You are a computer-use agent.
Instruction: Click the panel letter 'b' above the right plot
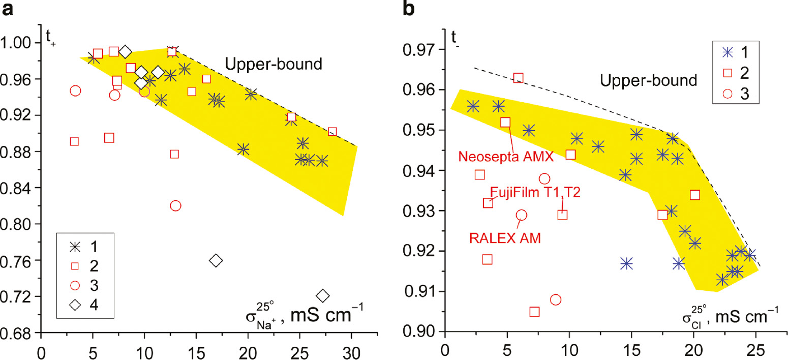click(x=410, y=10)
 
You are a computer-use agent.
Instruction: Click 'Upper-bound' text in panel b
click(x=648, y=80)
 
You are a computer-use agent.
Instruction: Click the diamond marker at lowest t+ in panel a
click(x=322, y=295)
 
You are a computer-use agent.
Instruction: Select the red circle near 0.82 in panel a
click(x=175, y=205)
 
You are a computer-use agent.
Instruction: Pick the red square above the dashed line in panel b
click(x=518, y=78)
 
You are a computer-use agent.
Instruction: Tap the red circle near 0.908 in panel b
click(x=556, y=299)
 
